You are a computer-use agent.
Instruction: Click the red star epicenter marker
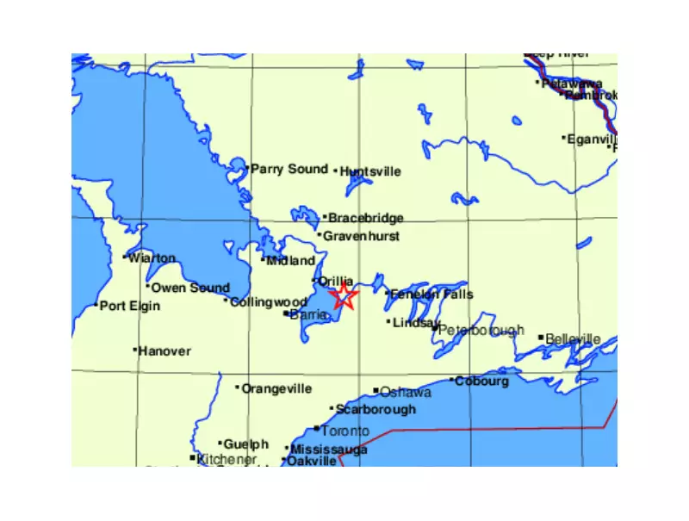(x=344, y=297)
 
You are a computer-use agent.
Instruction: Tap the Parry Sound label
(x=289, y=169)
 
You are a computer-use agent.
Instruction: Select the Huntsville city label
(x=370, y=171)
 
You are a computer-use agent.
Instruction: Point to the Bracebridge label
(x=365, y=218)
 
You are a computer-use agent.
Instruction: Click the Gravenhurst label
(x=361, y=235)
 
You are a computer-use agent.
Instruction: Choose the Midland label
(x=287, y=260)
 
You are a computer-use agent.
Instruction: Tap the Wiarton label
(x=152, y=257)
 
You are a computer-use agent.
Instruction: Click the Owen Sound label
(x=190, y=288)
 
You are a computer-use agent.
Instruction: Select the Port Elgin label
(x=130, y=306)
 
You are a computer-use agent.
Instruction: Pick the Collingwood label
(x=268, y=302)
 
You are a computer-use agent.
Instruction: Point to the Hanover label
(x=164, y=351)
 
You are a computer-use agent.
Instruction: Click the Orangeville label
(x=276, y=388)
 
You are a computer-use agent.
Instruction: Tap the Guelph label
(x=245, y=444)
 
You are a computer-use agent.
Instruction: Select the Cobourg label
(x=481, y=381)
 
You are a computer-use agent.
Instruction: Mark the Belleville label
(x=573, y=339)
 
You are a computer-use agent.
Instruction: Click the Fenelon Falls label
(x=431, y=295)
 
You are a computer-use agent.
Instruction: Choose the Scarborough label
(x=375, y=409)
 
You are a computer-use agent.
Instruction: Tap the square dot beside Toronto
(x=317, y=429)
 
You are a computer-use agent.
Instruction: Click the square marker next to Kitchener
(x=193, y=458)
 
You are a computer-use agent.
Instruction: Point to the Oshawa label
(x=406, y=392)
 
